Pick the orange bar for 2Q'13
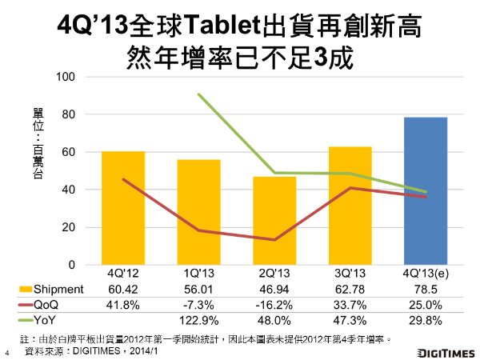point(274,221)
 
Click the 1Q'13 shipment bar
point(198,213)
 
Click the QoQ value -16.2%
point(274,304)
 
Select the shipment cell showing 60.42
point(122,288)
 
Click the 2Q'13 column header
point(274,273)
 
